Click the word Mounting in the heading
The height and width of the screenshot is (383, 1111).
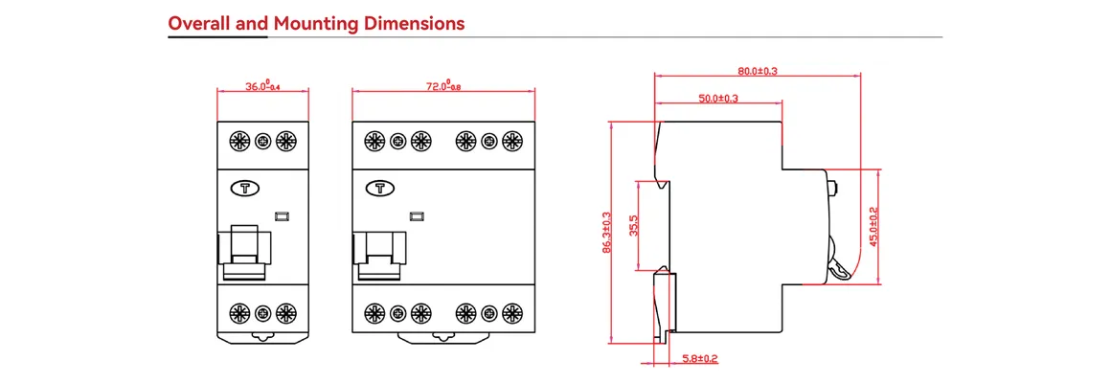pyautogui.click(x=315, y=23)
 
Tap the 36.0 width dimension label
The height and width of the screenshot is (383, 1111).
pyautogui.click(x=262, y=86)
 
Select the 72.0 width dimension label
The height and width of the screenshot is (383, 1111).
pyautogui.click(x=442, y=86)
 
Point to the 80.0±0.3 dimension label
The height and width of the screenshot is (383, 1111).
pyautogui.click(x=758, y=71)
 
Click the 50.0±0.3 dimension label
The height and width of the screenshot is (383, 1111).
pyautogui.click(x=718, y=99)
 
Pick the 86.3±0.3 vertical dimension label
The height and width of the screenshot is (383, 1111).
pyautogui.click(x=606, y=233)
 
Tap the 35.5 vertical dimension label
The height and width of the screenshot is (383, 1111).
pyautogui.click(x=634, y=226)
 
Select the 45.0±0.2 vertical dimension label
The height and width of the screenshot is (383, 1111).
pyautogui.click(x=873, y=227)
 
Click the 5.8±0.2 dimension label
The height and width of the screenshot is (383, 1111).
pyautogui.click(x=698, y=359)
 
